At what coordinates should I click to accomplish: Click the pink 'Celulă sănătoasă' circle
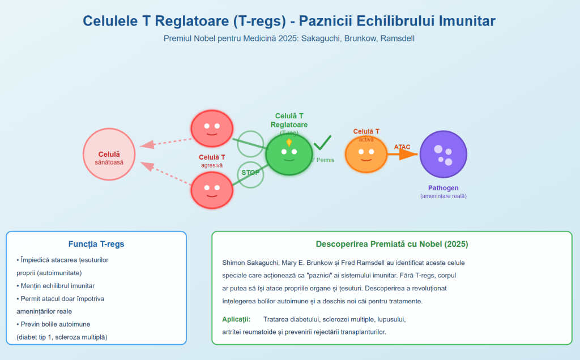pos(109,154)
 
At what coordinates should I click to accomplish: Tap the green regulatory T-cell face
pos(289,154)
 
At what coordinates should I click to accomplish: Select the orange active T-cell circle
pos(366,155)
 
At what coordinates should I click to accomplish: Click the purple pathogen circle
pos(443,154)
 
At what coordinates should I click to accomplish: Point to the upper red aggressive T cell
pos(212,128)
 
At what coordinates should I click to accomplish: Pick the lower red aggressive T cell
pos(212,190)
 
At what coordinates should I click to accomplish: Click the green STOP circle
pos(250,173)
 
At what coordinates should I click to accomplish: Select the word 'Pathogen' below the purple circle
pos(443,188)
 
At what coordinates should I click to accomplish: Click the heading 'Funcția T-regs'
pos(96,245)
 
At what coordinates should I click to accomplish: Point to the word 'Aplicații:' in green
pos(236,319)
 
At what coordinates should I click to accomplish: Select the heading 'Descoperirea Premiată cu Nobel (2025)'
pos(392,245)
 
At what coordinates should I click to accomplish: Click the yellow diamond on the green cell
pos(289,142)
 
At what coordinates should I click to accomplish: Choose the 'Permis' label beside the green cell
pos(325,160)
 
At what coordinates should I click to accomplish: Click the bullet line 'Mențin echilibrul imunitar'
pos(57,285)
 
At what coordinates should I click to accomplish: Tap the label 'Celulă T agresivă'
pos(212,161)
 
